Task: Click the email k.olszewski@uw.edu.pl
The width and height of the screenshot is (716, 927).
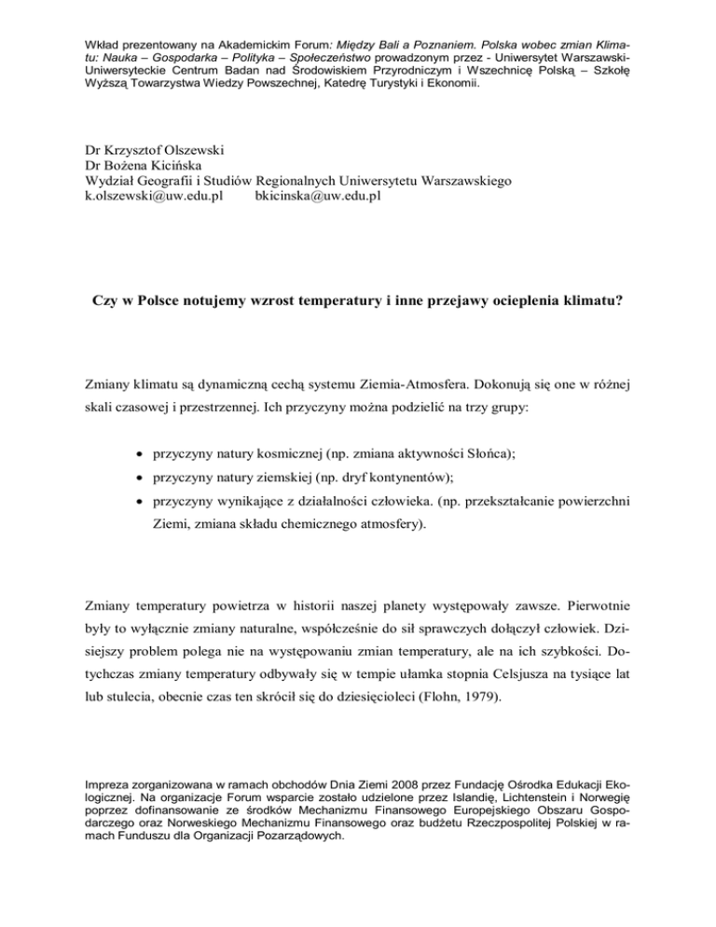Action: coord(146,199)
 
